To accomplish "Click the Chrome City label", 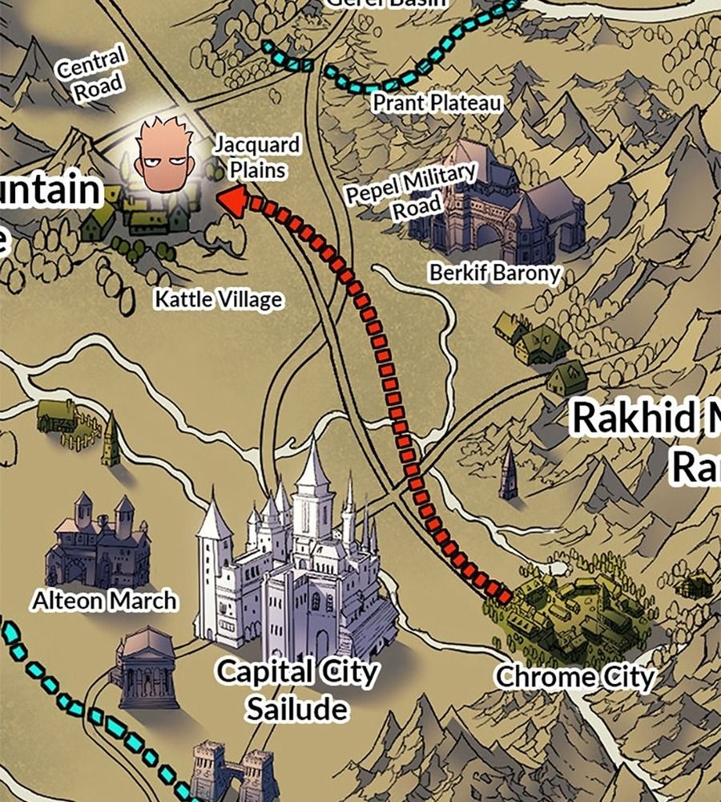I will tap(574, 678).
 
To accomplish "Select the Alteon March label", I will tap(104, 600).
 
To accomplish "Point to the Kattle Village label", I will tap(218, 300).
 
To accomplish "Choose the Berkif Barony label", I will tap(494, 273).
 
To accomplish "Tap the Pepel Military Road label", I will tap(410, 191).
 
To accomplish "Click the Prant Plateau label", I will tap(437, 103).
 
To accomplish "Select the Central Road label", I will tap(91, 74).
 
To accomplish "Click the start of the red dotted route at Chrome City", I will tap(504, 597).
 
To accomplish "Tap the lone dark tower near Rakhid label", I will tap(508, 475).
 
